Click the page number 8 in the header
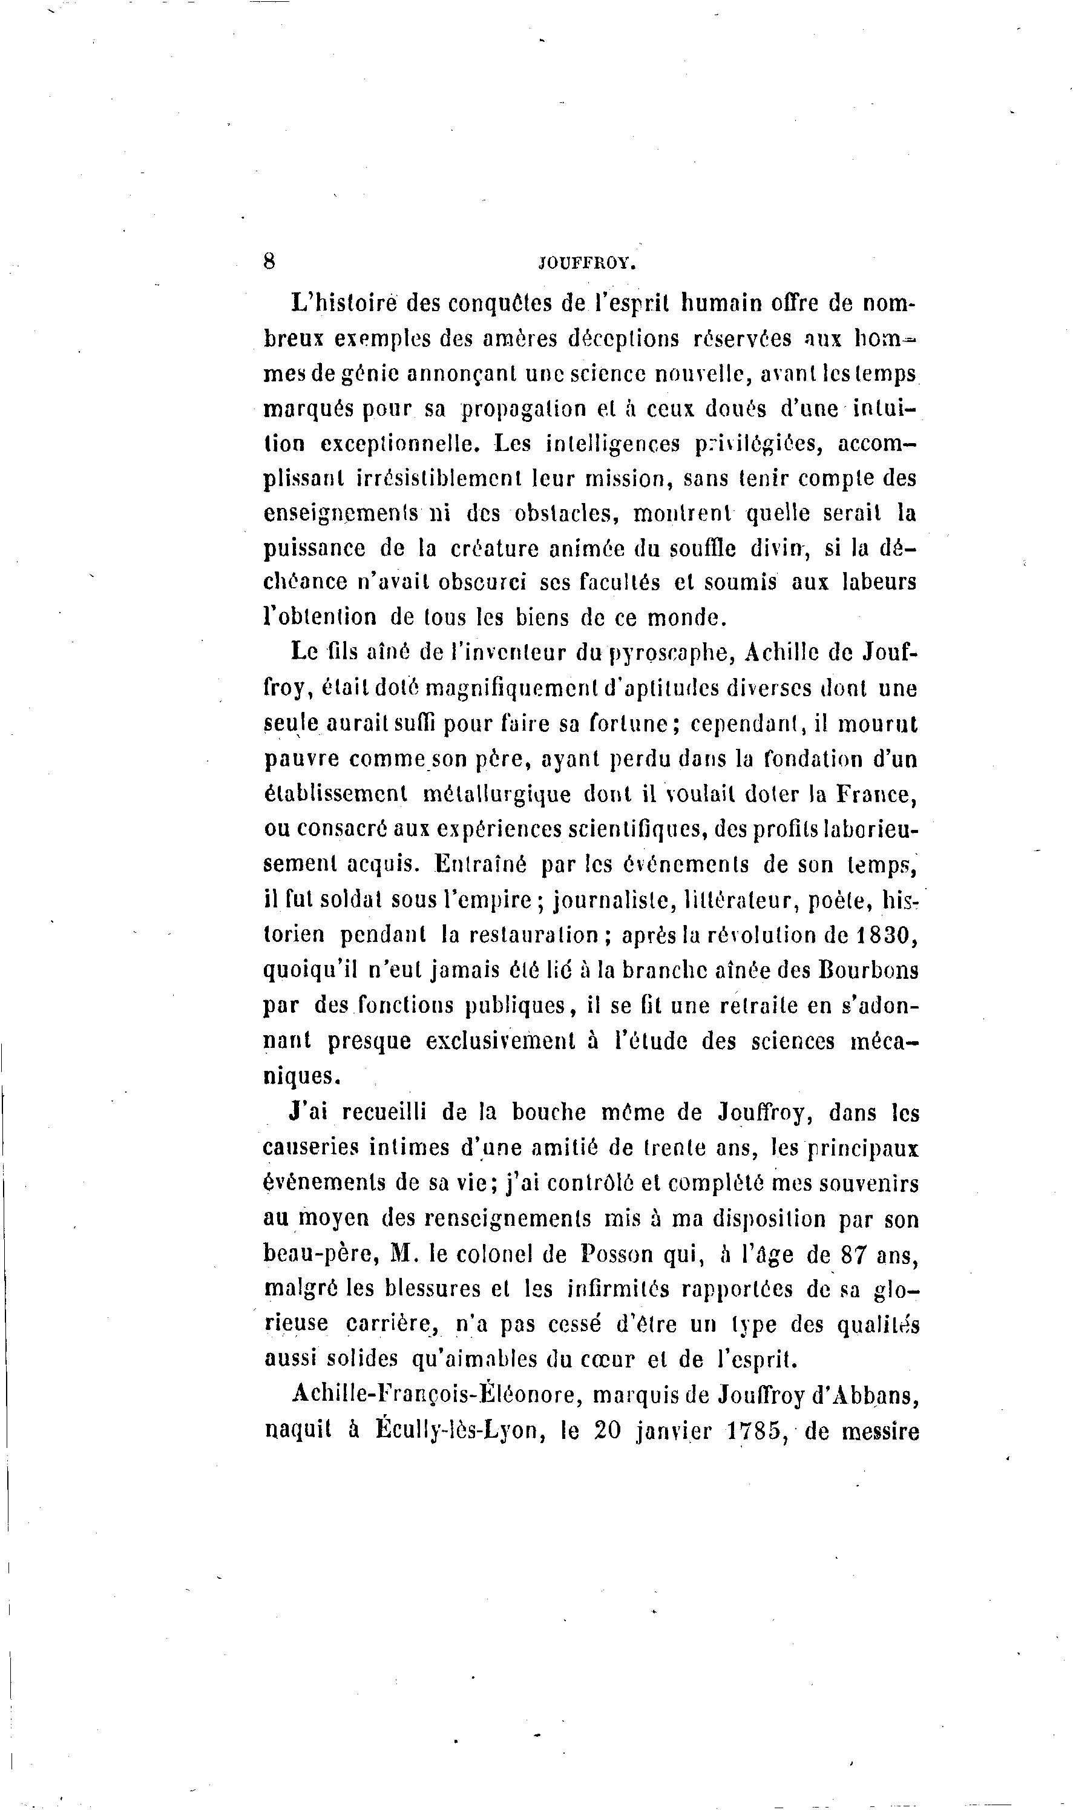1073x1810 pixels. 269,261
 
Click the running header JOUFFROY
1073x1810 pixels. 587,264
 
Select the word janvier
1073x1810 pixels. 674,1431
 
